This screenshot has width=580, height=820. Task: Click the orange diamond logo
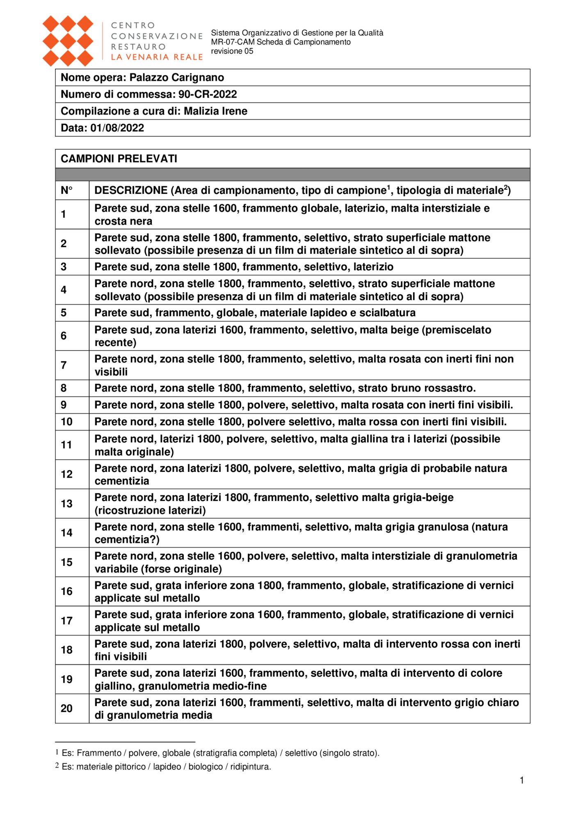click(x=68, y=41)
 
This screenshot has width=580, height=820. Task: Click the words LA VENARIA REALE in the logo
click(x=157, y=57)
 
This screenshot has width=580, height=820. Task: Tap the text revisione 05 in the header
click(x=232, y=51)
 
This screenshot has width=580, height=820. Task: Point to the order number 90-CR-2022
click(x=208, y=94)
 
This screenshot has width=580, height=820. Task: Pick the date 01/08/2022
click(x=117, y=128)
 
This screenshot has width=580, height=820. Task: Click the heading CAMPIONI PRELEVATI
click(x=119, y=159)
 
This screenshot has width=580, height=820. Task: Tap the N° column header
click(x=66, y=190)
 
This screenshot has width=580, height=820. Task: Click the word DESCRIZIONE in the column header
click(x=131, y=190)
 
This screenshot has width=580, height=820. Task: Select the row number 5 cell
click(x=64, y=313)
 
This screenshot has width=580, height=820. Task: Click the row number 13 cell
click(x=66, y=503)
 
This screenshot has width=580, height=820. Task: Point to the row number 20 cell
click(x=66, y=708)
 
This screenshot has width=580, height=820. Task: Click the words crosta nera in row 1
click(x=123, y=221)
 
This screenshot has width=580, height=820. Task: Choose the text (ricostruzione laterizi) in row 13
click(x=150, y=510)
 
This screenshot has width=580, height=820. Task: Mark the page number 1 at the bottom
click(x=522, y=780)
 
